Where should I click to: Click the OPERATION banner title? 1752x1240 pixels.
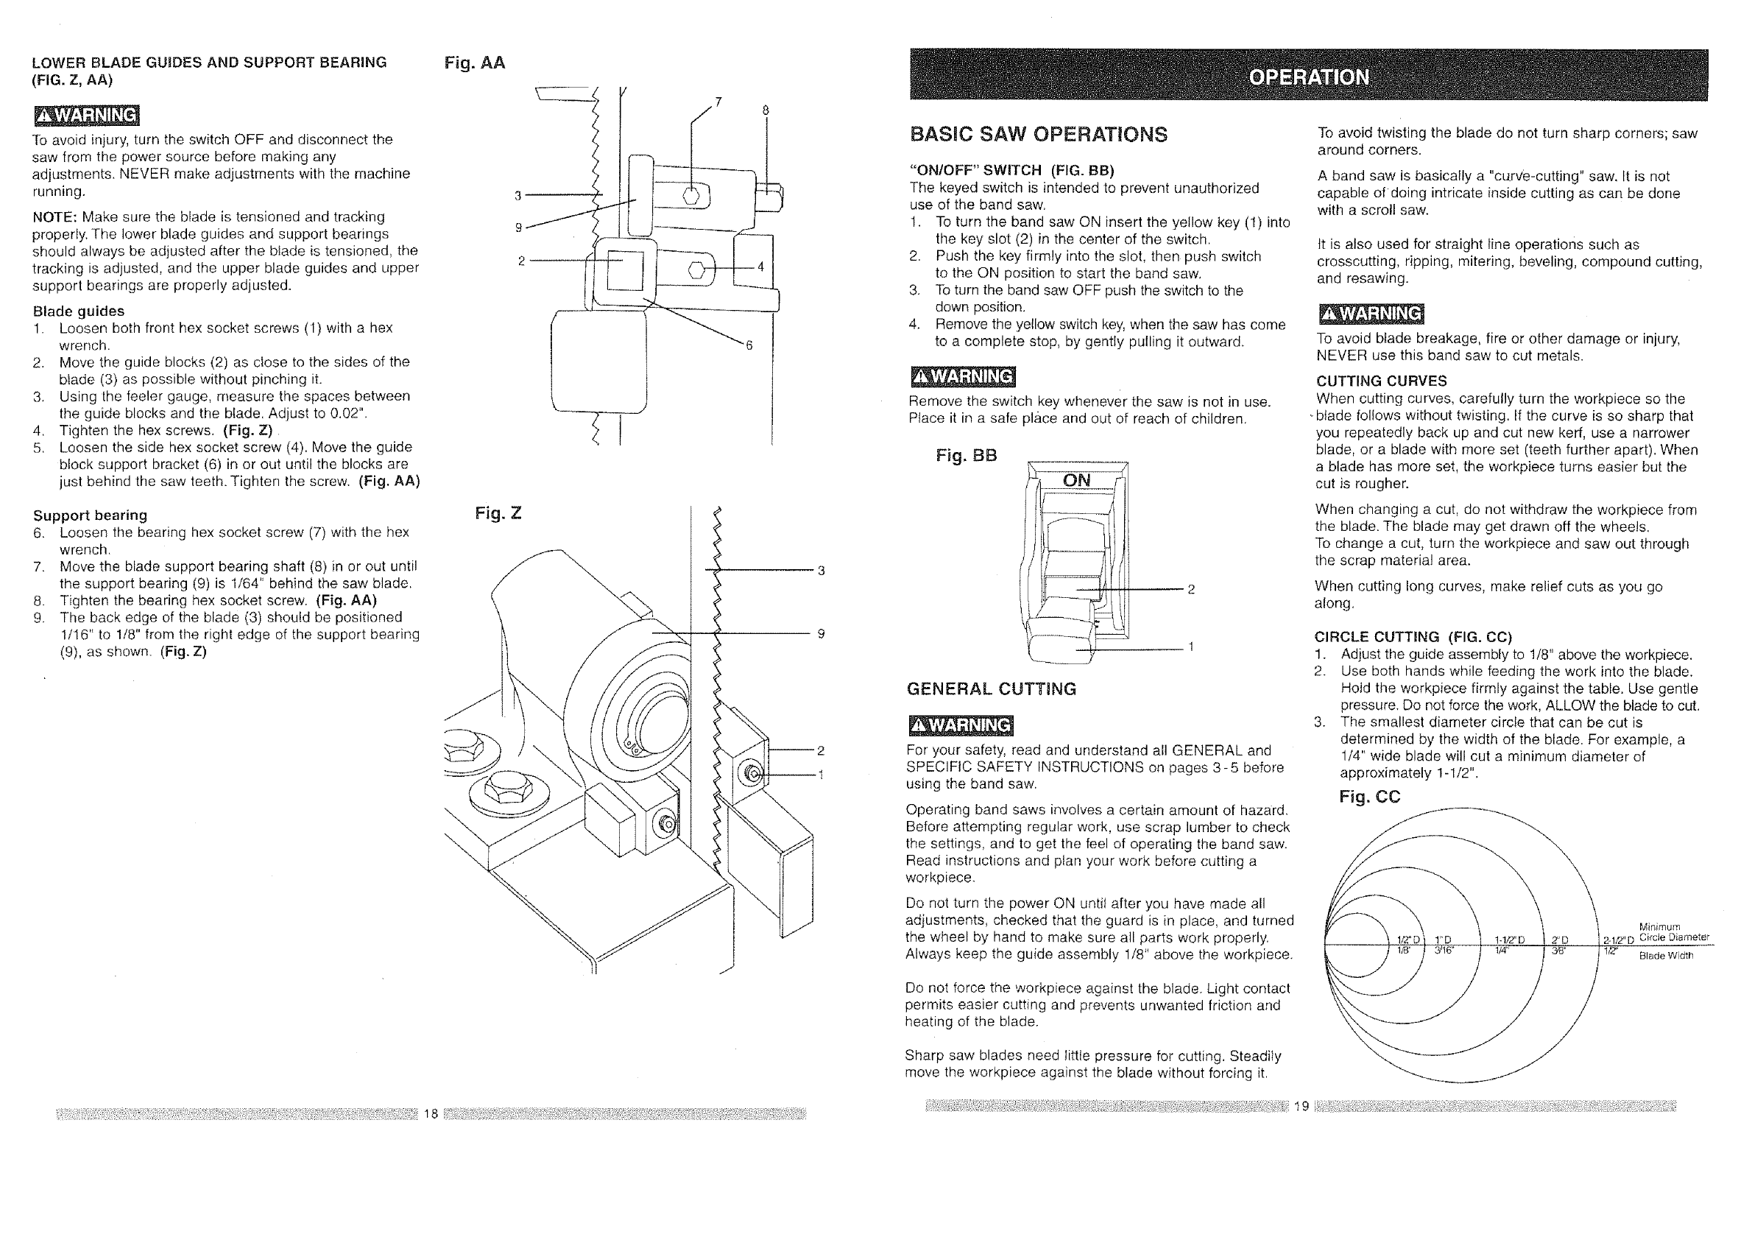point(1308,77)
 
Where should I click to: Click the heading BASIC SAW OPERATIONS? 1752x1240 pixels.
point(1038,135)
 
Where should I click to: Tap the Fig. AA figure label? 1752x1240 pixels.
point(474,63)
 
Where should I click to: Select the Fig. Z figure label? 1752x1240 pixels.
point(498,513)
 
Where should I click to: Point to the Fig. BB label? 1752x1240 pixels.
point(966,456)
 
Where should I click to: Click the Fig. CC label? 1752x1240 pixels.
point(1369,797)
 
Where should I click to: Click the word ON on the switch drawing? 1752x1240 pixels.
point(1076,480)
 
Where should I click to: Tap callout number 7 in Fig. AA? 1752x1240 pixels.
point(718,102)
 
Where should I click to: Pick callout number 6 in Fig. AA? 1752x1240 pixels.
point(749,345)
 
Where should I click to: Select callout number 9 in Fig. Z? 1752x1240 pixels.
point(821,633)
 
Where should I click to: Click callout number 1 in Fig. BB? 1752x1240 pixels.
point(1191,647)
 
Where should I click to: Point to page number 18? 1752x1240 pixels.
point(431,1113)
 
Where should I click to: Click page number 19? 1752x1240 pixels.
point(1301,1105)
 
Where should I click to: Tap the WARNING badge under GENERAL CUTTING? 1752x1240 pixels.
point(961,725)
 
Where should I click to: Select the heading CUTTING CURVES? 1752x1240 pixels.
point(1381,381)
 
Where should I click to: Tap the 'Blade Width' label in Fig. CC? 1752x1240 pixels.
point(1666,955)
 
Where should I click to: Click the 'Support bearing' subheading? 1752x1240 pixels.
point(90,515)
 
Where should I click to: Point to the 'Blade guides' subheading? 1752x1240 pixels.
point(78,311)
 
